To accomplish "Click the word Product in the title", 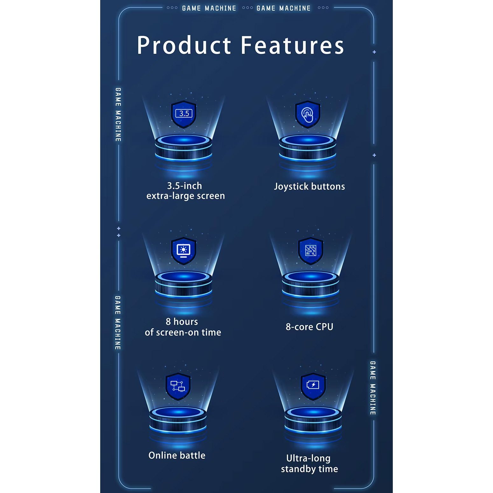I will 184,45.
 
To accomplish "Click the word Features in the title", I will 292,45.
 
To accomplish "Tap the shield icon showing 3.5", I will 184,114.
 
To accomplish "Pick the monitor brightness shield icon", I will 184,251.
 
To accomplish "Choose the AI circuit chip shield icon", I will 310,251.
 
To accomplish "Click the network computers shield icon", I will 178,386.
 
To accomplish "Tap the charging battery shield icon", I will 313,385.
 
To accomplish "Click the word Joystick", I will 291,187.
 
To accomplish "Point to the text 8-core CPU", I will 309,327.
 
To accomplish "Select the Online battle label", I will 177,455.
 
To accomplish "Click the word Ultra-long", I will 308,458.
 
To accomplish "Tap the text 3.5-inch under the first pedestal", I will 184,186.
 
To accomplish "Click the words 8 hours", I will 182,322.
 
